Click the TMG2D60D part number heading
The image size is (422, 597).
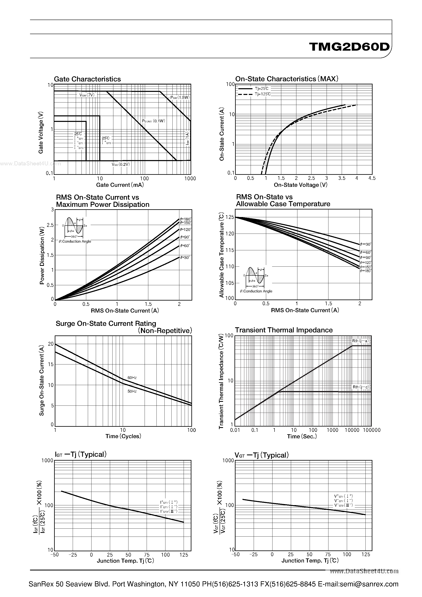click(x=349, y=47)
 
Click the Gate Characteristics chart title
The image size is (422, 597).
click(x=87, y=79)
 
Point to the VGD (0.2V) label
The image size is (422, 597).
click(x=121, y=164)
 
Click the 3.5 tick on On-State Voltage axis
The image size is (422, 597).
click(x=342, y=178)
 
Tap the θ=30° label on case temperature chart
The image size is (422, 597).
click(x=366, y=244)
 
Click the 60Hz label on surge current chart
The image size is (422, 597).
click(x=132, y=378)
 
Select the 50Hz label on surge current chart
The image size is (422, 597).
click(x=132, y=391)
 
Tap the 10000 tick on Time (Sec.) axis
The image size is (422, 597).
click(x=352, y=430)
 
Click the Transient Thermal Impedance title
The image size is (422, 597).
click(x=284, y=330)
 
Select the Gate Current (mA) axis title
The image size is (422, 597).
click(x=120, y=185)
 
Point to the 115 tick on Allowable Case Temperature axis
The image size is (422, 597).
click(x=230, y=250)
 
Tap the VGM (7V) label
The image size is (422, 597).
click(x=87, y=95)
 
